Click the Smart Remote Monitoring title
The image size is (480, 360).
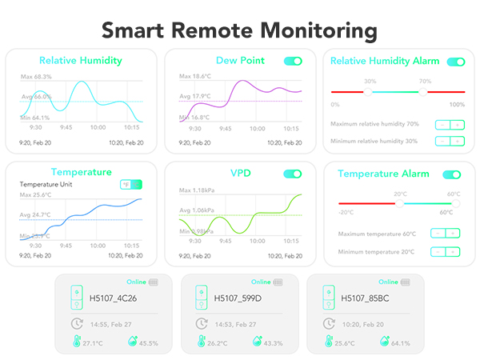[x=239, y=30]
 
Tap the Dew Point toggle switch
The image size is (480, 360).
[x=293, y=61]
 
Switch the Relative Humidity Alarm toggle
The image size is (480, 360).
[x=455, y=62]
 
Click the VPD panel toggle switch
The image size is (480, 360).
[x=293, y=174]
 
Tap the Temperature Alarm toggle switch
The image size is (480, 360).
[x=451, y=174]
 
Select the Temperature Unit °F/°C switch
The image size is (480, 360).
[x=130, y=185]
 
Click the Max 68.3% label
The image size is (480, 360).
[x=35, y=77]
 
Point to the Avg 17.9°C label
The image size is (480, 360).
[x=194, y=97]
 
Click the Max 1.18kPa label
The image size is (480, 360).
[x=197, y=190]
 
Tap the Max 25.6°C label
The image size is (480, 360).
[x=35, y=195]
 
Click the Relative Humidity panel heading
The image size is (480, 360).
[x=80, y=60]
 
